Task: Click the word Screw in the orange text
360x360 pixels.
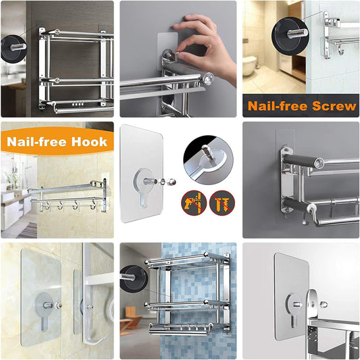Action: [332, 106]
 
